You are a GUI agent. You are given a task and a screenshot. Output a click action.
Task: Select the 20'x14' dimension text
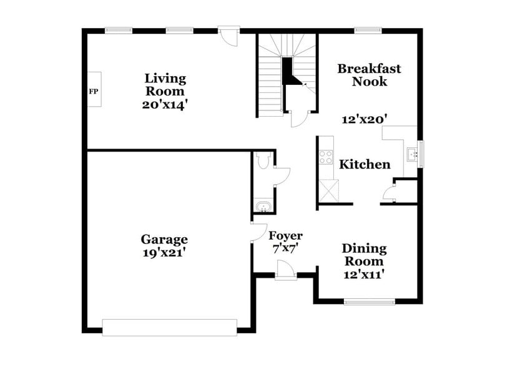pos(165,104)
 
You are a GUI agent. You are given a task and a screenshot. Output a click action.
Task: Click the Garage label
pos(164,239)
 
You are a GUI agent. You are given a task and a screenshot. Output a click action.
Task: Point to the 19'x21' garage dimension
pos(164,253)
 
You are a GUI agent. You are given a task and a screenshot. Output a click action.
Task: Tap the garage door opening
pos(169,327)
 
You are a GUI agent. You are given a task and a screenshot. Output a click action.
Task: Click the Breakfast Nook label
pos(369,75)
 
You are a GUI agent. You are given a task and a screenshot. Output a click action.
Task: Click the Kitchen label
pos(365,165)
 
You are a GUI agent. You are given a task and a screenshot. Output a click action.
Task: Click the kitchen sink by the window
pos(411,154)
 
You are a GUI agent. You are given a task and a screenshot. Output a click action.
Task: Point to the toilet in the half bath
pos(263,161)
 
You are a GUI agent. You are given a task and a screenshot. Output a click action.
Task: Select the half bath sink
pos(263,205)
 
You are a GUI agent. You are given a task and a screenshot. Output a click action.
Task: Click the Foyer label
pos(285,236)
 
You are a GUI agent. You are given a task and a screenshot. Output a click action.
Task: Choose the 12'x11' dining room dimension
pos(364,273)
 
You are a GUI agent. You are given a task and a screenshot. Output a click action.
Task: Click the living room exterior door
pos(228,34)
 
